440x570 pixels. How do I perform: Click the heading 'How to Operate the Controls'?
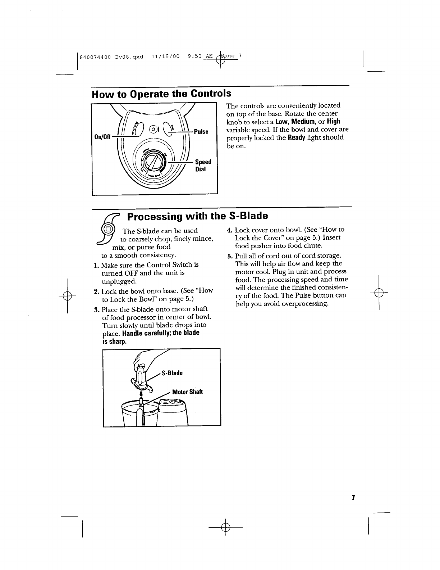click(161, 94)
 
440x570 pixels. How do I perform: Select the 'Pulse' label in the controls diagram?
click(201, 131)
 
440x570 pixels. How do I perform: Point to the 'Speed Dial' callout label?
click(203, 165)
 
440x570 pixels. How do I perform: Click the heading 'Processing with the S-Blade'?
click(198, 216)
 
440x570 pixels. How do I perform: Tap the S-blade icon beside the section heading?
click(109, 231)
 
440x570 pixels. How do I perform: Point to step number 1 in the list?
click(96, 265)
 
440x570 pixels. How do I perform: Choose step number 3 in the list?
click(96, 309)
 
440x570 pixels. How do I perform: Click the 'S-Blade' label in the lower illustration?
click(173, 373)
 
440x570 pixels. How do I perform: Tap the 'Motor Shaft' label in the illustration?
click(188, 392)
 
